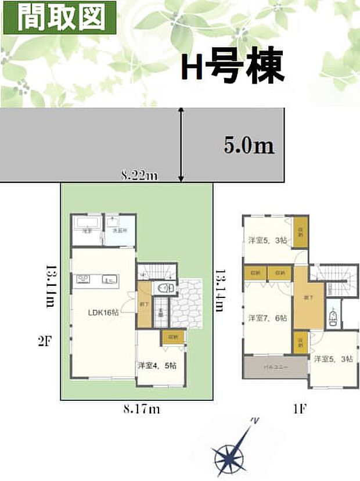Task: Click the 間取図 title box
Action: pyautogui.click(x=55, y=17)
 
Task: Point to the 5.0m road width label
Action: pyautogui.click(x=249, y=145)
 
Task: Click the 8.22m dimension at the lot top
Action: pyautogui.click(x=139, y=175)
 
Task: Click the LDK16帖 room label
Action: pyautogui.click(x=103, y=312)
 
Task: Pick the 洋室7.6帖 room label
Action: pyautogui.click(x=267, y=318)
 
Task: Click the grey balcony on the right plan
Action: pyautogui.click(x=273, y=368)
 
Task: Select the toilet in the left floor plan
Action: pyautogui.click(x=164, y=289)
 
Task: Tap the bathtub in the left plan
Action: pyautogui.click(x=88, y=224)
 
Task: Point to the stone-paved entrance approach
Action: pyautogui.click(x=189, y=302)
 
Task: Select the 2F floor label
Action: pyautogui.click(x=45, y=343)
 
